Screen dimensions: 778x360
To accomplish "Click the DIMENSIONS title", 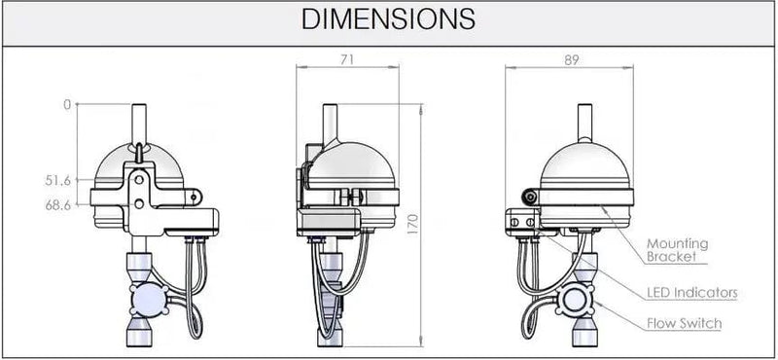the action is pos(388,18).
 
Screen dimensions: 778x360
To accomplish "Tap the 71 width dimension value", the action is pos(348,59).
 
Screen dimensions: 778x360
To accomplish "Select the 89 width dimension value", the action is pos(572,59).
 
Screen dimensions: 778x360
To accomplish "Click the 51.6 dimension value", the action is pos(57,180).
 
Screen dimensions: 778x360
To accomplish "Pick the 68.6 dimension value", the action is pos(57,204).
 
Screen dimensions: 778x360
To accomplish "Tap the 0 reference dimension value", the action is pos(67,105).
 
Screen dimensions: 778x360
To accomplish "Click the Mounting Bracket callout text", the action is pos(677,250).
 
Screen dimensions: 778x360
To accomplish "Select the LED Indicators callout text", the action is pos(691,293).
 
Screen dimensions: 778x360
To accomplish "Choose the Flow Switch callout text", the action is pos(684,324).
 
